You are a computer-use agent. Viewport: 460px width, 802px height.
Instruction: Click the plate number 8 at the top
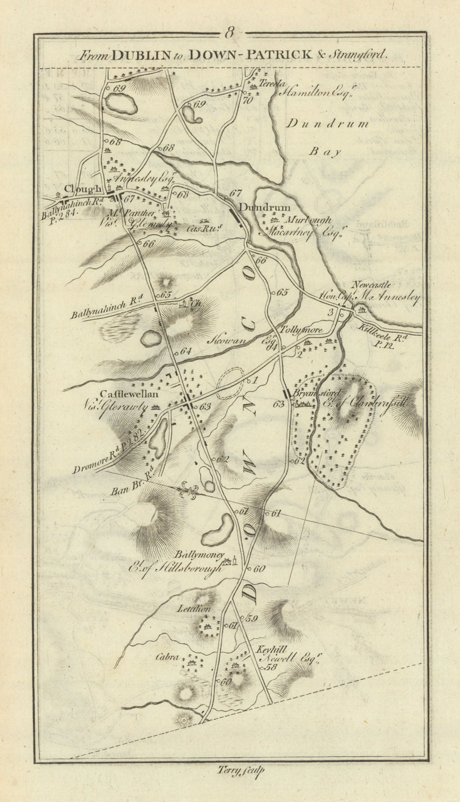tap(229, 34)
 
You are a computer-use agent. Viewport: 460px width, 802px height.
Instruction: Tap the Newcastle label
tap(371, 285)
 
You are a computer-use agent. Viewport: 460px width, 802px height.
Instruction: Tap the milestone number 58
tap(272, 667)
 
